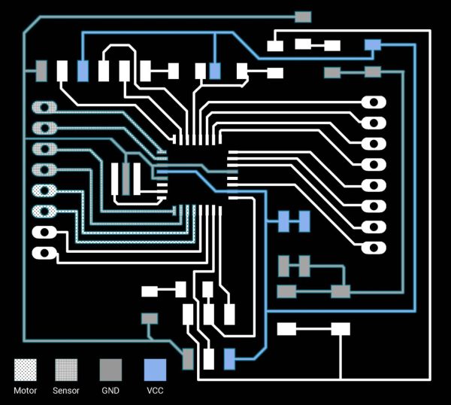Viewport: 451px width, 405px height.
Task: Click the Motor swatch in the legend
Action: click(x=26, y=370)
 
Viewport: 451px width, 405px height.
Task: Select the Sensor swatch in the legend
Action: click(x=66, y=370)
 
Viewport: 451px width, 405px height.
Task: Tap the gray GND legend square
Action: click(x=110, y=370)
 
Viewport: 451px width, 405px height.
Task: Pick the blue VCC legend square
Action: click(x=155, y=370)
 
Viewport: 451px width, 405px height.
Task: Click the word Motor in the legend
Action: click(x=26, y=391)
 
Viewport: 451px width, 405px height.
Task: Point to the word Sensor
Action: click(x=66, y=391)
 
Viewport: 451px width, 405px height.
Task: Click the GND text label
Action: click(x=110, y=391)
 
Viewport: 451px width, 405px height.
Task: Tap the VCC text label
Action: click(x=155, y=391)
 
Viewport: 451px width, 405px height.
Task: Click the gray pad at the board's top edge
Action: click(x=303, y=17)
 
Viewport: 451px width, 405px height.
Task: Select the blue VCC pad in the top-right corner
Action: click(x=373, y=45)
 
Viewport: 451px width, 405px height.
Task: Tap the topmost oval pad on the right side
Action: click(x=374, y=102)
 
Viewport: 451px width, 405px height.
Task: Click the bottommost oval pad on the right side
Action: click(x=374, y=248)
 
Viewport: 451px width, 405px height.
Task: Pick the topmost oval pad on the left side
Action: click(x=44, y=108)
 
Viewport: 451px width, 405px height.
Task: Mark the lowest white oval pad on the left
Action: click(x=44, y=253)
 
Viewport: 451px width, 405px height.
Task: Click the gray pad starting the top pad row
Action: click(x=41, y=71)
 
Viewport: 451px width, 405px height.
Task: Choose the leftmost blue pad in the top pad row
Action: click(x=83, y=71)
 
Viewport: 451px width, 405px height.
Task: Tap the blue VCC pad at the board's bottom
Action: click(x=229, y=359)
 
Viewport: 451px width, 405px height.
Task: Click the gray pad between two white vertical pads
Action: click(x=126, y=179)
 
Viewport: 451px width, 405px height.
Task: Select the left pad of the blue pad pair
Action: click(x=283, y=221)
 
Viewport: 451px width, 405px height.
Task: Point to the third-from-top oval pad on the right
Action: click(x=374, y=144)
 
